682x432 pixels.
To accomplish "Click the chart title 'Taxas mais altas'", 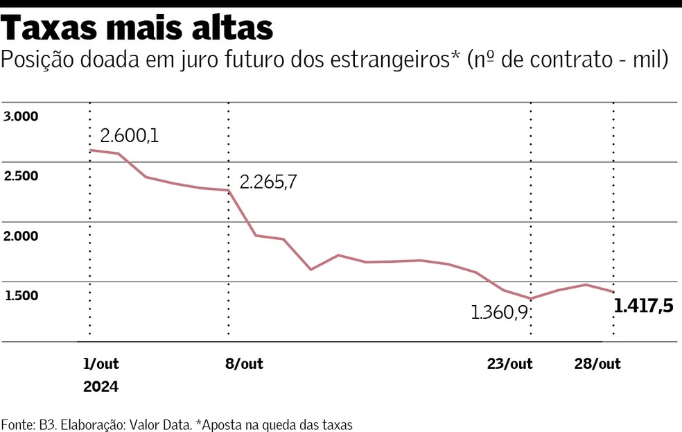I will [x=138, y=28].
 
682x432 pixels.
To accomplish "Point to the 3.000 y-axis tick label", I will [x=20, y=116].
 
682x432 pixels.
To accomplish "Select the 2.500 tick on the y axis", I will [x=20, y=176].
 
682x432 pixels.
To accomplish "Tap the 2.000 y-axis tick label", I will [x=20, y=236].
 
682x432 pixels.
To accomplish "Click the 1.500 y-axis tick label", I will [x=20, y=296].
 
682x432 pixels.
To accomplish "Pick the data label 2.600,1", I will [x=129, y=135].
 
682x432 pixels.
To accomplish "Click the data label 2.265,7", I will [x=268, y=182].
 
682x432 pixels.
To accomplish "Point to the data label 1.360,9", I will [x=500, y=313].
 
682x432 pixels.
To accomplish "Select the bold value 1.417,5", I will [x=644, y=306].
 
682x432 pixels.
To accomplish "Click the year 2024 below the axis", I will [x=100, y=387].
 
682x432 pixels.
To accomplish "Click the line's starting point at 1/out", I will [x=91, y=150].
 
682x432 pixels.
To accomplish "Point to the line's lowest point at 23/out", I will [x=531, y=299].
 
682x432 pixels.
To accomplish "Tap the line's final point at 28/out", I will [x=613, y=292].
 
